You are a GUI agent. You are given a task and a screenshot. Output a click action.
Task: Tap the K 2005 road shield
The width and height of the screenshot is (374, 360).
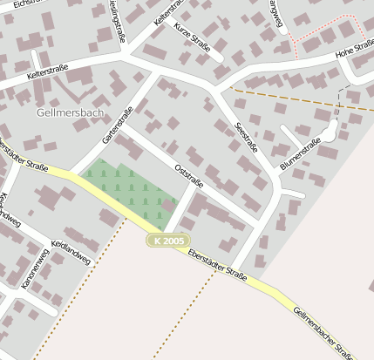pos(167,240)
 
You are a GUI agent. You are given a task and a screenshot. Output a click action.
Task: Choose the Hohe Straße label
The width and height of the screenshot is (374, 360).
pos(353,52)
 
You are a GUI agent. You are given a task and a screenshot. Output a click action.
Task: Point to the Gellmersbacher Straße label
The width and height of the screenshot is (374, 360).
pos(323,334)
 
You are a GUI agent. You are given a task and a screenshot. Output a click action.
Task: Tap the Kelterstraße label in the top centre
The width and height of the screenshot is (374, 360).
pos(169,24)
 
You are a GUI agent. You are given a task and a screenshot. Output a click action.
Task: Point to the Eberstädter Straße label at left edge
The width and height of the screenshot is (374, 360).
pos(23,156)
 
